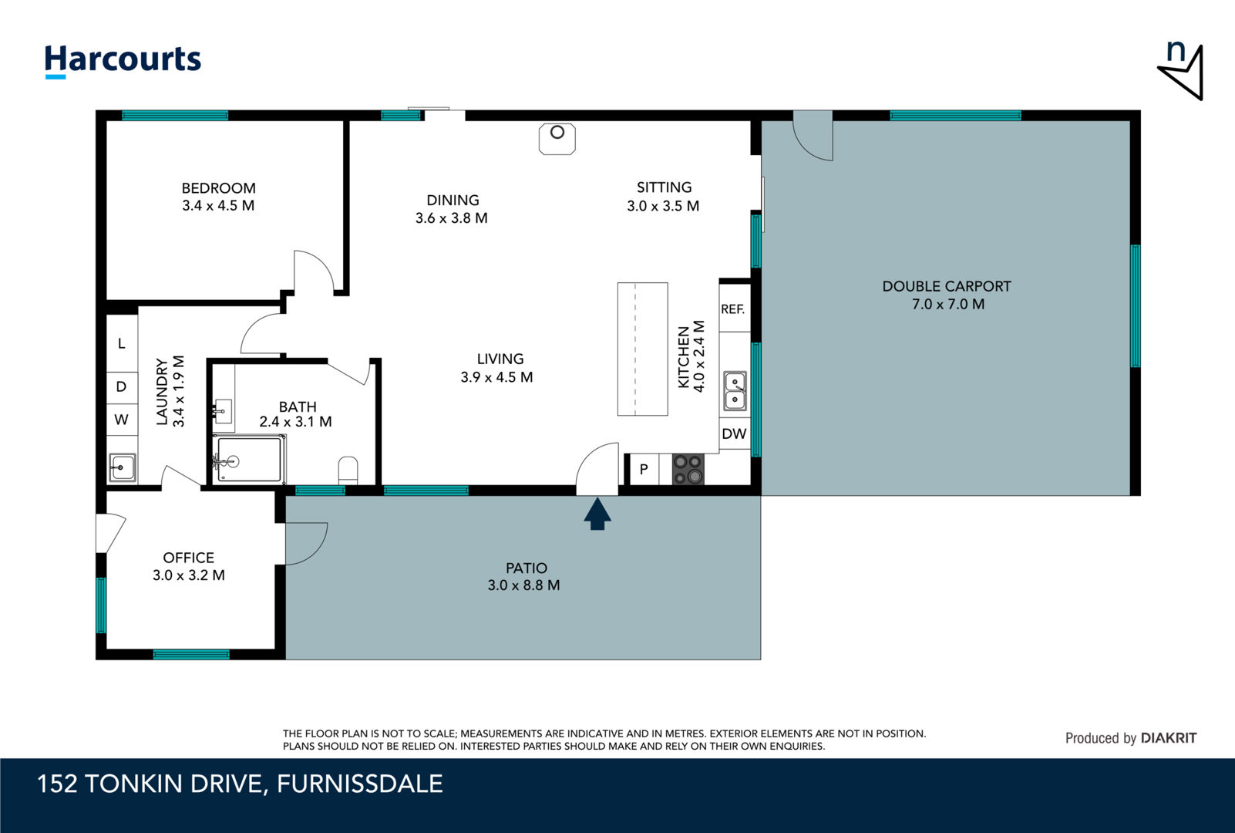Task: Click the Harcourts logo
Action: click(x=123, y=61)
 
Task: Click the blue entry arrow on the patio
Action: click(x=597, y=514)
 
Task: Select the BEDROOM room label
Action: click(x=218, y=188)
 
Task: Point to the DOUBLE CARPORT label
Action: click(x=947, y=286)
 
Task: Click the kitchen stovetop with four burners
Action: click(x=688, y=470)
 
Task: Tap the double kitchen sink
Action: click(x=735, y=391)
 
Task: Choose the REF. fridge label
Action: click(x=732, y=309)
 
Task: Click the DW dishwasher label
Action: click(x=735, y=433)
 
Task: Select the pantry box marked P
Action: click(x=644, y=470)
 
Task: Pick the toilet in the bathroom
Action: click(x=348, y=470)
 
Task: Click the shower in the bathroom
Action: click(x=249, y=459)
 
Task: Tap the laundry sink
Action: click(x=122, y=468)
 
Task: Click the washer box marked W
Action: click(x=121, y=420)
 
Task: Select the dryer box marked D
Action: click(x=121, y=386)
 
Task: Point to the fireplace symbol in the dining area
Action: click(x=557, y=139)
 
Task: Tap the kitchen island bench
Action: click(x=643, y=349)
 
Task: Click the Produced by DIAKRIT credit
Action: click(x=1131, y=738)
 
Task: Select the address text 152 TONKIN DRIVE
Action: click(x=150, y=784)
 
